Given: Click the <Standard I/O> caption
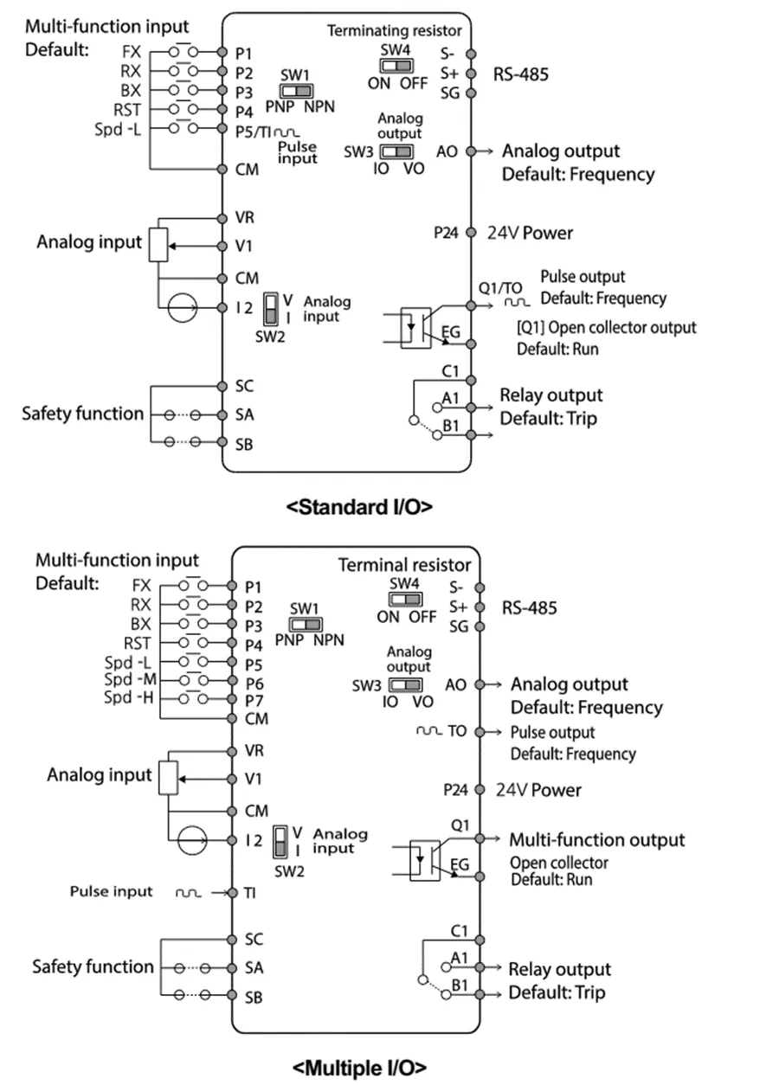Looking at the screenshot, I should [x=359, y=507].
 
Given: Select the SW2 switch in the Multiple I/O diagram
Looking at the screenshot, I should [x=280, y=841].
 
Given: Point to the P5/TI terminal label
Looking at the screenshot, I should [x=261, y=130].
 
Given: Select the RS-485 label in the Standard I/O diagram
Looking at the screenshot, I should [x=520, y=74].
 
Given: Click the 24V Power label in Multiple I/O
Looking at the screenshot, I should [x=538, y=790].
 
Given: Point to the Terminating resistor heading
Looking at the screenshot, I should [x=394, y=30].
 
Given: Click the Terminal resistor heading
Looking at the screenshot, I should [x=404, y=565].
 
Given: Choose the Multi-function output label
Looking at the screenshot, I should [x=596, y=839].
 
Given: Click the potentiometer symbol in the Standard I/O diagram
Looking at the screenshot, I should [x=157, y=246].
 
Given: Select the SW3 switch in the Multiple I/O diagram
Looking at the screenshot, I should [x=400, y=684].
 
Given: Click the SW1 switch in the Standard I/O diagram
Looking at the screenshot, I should [x=295, y=90].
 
